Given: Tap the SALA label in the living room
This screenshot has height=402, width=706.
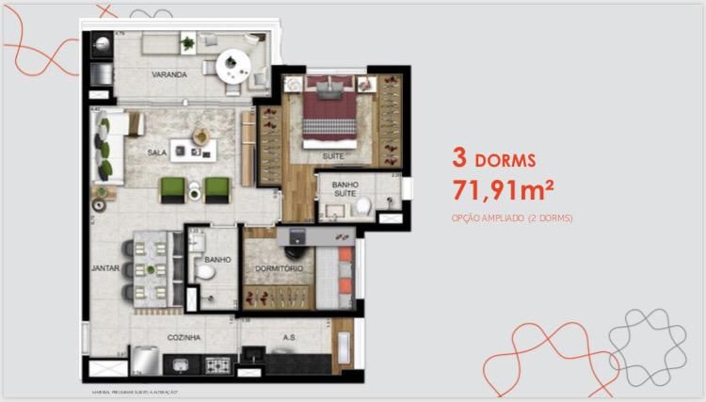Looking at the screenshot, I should [x=157, y=151].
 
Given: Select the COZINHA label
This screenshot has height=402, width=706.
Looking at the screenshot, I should [x=185, y=336].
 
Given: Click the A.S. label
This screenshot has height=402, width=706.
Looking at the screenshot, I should [x=290, y=336].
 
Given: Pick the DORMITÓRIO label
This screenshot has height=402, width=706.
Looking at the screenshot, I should [x=279, y=270].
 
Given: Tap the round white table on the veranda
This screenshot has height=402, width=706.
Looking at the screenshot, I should [x=231, y=65].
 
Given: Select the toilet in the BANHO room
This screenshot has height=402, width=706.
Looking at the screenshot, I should [x=205, y=273].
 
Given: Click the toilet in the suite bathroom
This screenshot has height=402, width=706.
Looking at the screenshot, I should [x=361, y=207].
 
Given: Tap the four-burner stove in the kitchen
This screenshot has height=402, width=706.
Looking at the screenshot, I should [x=218, y=364].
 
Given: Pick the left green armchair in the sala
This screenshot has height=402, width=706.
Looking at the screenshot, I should [x=171, y=188].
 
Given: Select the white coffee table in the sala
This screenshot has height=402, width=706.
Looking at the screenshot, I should [x=200, y=149].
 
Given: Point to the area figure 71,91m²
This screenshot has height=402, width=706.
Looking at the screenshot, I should [x=502, y=190].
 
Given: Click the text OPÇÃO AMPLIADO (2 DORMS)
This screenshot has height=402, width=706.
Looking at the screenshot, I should [x=512, y=218].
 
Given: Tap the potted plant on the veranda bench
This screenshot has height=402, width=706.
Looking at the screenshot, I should [x=189, y=42].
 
